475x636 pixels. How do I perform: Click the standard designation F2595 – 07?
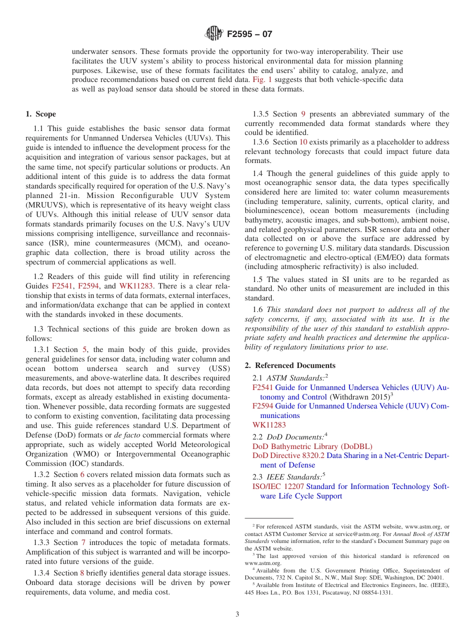[249, 34]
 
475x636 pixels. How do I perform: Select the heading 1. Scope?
[41, 114]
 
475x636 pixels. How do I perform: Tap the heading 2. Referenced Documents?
[290, 365]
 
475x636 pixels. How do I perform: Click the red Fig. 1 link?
[262, 80]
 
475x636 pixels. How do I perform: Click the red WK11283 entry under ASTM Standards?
[269, 425]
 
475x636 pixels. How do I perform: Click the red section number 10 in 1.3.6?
[303, 142]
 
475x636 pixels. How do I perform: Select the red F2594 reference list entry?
[262, 406]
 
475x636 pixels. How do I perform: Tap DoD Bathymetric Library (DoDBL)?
[312, 446]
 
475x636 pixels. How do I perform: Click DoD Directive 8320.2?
[288, 456]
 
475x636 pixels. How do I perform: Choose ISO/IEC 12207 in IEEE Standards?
[278, 486]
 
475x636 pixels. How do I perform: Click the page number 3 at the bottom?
[237, 614]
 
